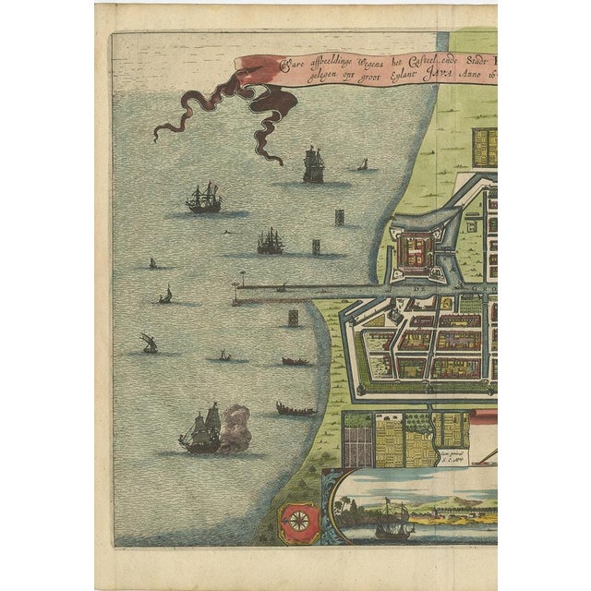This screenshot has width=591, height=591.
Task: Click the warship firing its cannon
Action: [x=201, y=430]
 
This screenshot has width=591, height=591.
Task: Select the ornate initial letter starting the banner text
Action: [x=284, y=65]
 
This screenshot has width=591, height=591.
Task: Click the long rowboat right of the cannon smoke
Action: [x=295, y=407]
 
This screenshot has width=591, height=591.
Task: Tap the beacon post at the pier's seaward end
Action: [x=243, y=280]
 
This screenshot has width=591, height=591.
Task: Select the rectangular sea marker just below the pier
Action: [x=294, y=317]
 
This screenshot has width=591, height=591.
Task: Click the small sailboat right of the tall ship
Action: [x=363, y=165]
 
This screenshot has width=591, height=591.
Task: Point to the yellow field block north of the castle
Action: [x=486, y=147]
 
